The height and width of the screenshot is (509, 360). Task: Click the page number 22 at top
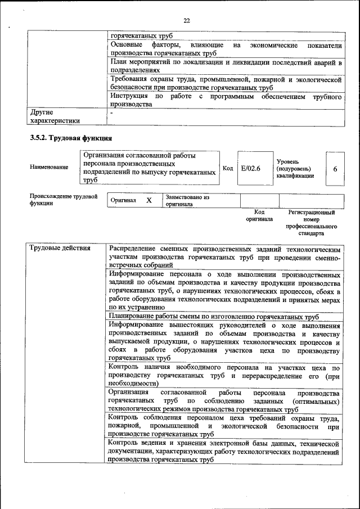pos(186,21)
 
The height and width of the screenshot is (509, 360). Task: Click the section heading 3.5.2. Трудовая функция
pos(71,138)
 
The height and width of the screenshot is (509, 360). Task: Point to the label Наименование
pos(49,167)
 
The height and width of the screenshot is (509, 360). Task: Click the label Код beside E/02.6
pos(228,168)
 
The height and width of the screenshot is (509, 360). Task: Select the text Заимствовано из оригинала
pos(187,201)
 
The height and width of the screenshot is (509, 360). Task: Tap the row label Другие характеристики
pos(55,116)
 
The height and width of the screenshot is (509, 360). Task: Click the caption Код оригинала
pos(259,215)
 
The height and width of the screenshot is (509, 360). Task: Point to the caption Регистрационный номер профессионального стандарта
pos(311,223)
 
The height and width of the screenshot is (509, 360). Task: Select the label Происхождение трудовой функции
pos(63,200)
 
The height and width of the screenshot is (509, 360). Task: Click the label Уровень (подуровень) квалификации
pos(295,168)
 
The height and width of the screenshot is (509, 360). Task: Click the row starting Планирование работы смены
pos(214,317)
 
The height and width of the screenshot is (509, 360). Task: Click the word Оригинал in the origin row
pos(123,201)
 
